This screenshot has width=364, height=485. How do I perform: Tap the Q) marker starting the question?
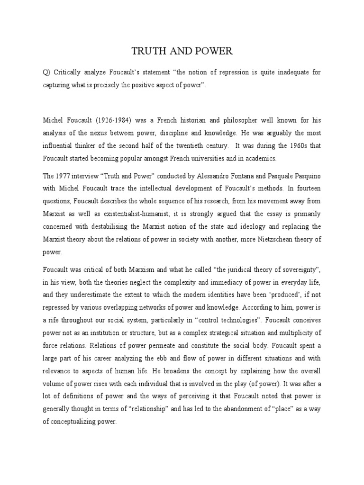pyautogui.click(x=47, y=72)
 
